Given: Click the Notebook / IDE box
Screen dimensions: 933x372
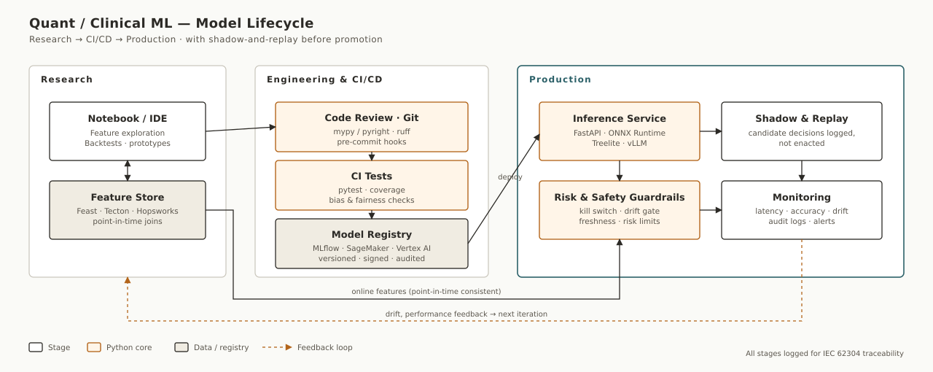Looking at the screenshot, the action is tap(128, 131).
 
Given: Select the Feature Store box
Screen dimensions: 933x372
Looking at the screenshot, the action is tap(128, 210).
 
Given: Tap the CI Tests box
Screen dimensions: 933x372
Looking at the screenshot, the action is tap(372, 185).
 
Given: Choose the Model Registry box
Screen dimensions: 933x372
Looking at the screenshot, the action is tap(372, 244).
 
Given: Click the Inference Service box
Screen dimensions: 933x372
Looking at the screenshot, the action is tap(620, 131).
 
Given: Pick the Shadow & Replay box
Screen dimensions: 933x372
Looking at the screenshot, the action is tap(801, 131).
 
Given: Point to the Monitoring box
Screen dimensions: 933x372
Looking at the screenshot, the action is tap(801, 210).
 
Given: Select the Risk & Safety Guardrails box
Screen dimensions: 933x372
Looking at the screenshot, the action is tap(620, 210).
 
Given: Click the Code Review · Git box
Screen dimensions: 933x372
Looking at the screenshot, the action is tap(372, 127).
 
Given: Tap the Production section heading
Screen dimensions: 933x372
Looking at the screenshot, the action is tap(560, 80).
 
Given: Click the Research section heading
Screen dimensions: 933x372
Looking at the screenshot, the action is tap(66, 80).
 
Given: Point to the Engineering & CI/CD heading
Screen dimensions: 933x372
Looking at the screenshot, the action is tap(324, 80).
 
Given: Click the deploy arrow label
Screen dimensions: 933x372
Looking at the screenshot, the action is tap(510, 177).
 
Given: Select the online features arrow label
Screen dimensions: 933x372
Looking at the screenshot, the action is tap(426, 292).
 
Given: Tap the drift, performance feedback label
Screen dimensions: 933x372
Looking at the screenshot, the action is tap(466, 314).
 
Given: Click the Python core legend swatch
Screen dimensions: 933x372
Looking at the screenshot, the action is tap(94, 347).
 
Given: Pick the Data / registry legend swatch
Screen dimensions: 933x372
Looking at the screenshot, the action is tap(181, 347).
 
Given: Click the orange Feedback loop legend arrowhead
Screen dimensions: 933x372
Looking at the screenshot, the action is tap(289, 347).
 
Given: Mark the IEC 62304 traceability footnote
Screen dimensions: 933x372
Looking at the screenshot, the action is tap(824, 354).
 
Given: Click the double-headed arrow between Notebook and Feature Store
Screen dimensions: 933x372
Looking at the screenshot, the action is tap(128, 171).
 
